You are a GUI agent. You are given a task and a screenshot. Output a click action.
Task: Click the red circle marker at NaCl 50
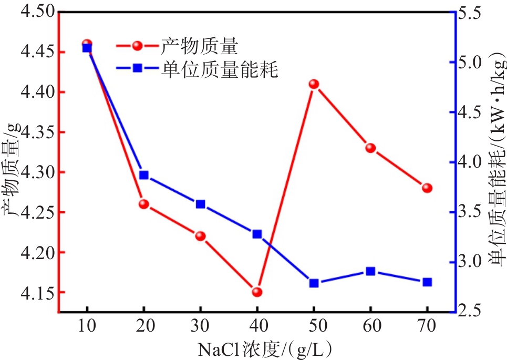coord(314,84)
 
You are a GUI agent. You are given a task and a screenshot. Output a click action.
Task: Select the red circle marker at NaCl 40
coord(257,292)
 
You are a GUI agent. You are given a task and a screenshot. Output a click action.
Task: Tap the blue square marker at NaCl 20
coord(144,175)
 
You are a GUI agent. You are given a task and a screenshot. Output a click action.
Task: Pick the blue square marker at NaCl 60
coord(370,271)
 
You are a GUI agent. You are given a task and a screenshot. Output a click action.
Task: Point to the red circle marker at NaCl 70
coord(427,188)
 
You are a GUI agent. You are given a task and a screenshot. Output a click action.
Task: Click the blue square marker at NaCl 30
coord(200,204)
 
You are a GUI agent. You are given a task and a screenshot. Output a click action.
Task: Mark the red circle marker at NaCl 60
coord(370,148)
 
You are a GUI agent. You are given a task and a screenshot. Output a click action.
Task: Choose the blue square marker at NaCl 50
coord(314,283)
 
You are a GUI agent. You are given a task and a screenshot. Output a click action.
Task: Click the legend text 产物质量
coord(200,47)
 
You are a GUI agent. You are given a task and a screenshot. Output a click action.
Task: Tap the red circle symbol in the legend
coord(137,46)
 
